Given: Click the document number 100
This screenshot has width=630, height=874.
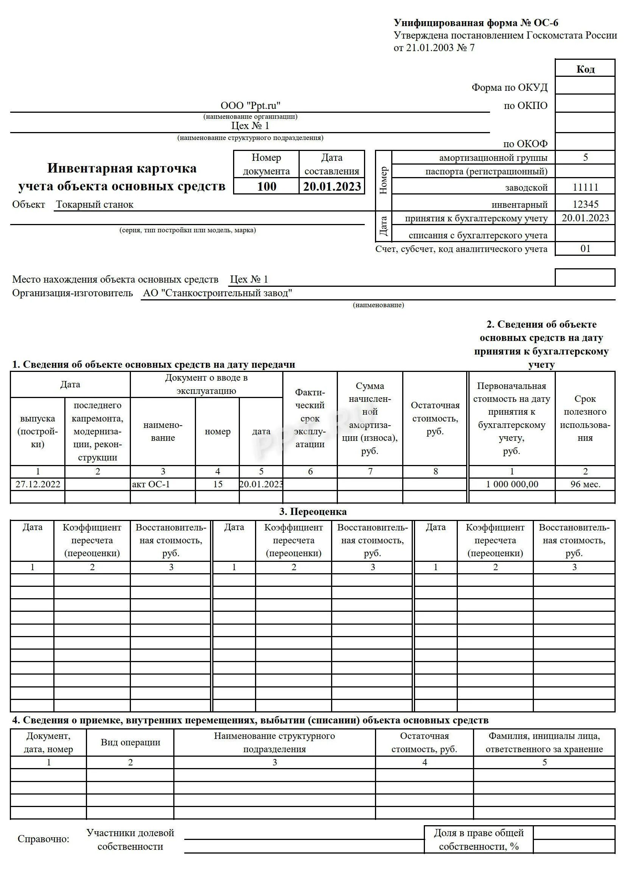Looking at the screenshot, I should [266, 187].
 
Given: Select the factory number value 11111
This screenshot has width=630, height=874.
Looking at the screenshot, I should [585, 187].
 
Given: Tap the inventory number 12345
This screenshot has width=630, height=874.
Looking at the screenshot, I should [585, 204].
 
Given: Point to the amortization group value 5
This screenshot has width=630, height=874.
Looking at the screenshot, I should [585, 157].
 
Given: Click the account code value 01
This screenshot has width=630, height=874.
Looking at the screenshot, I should [585, 249].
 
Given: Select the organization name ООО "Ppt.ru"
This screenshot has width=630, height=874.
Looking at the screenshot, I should [250, 106].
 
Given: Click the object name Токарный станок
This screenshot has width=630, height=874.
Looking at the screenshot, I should [95, 205].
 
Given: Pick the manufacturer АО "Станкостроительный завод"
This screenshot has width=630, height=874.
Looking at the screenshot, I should [217, 293].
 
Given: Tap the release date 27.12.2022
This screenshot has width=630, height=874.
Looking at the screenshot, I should [38, 484].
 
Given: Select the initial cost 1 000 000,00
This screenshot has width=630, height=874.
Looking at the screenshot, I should [512, 484].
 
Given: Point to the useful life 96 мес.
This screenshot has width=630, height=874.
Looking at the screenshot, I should [585, 484].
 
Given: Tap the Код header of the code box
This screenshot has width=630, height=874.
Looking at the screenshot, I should [585, 69].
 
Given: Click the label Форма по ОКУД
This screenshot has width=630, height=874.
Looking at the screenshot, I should [509, 87].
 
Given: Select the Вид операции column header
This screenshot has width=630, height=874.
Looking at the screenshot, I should [130, 743].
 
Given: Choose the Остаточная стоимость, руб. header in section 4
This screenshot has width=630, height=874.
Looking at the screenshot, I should [424, 743].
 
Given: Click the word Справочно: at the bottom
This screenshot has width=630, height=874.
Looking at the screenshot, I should [44, 839].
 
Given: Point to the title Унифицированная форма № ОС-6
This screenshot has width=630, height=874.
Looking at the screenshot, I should [476, 23].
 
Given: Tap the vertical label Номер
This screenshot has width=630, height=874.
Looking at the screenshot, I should [383, 180].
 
